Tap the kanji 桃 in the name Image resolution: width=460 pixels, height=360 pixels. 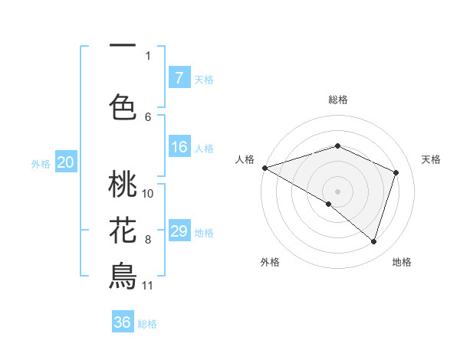click(123, 185)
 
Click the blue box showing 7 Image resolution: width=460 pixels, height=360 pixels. click(179, 78)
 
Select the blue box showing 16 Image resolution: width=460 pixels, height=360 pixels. click(179, 148)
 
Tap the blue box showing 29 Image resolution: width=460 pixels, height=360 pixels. click(179, 231)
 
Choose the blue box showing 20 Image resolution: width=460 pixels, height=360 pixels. click(66, 162)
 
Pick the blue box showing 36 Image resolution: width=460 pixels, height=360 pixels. click(123, 322)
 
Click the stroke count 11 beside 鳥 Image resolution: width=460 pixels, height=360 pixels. click(147, 286)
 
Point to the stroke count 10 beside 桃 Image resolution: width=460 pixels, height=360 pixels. click(148, 193)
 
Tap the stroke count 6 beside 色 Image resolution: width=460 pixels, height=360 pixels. click(148, 116)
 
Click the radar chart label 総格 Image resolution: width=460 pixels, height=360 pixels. click(337, 100)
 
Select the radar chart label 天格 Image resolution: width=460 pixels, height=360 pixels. click(431, 159)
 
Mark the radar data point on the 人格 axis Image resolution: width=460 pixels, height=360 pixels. click(264, 167)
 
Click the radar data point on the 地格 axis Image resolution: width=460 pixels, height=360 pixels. click(374, 241)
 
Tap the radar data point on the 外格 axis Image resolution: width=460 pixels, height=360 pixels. click(329, 204)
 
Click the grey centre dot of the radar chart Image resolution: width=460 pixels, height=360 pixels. click(337, 191)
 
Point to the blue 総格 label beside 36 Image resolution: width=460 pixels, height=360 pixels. click(147, 324)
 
